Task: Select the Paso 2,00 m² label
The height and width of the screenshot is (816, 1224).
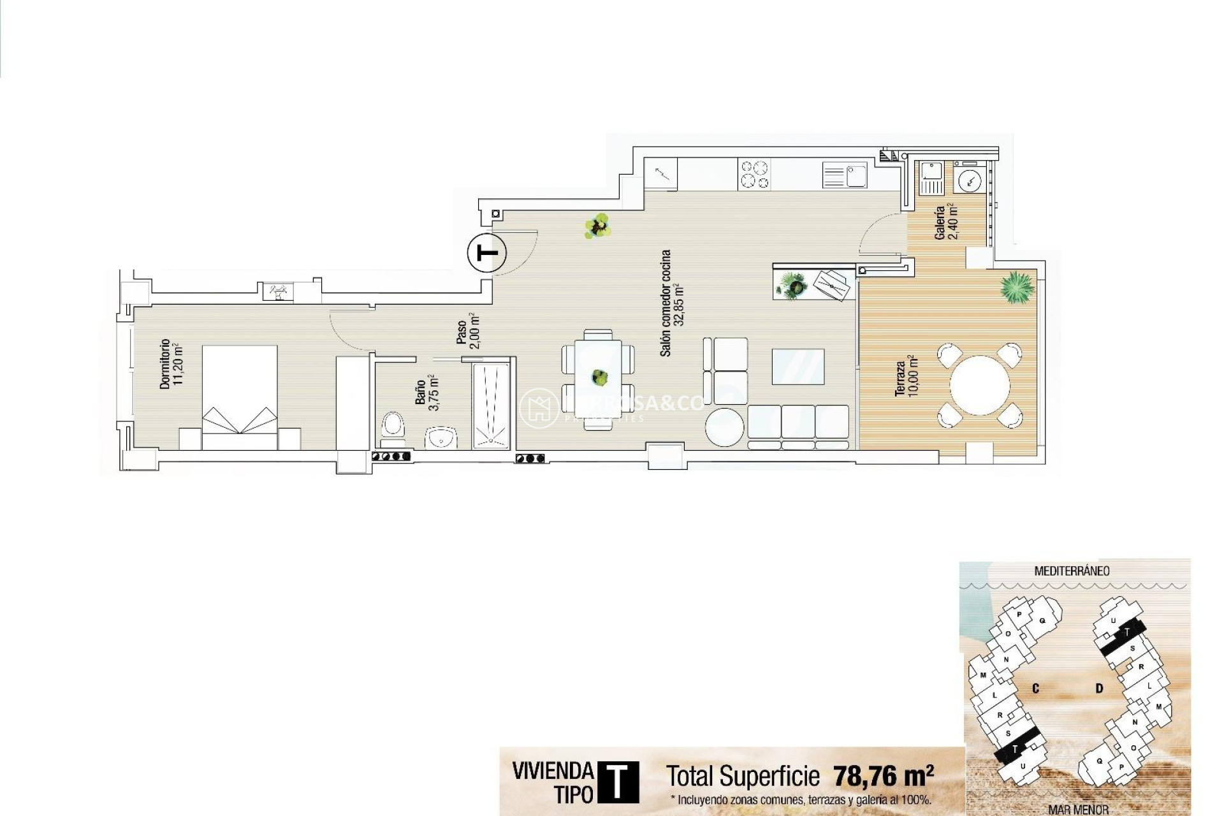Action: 467,331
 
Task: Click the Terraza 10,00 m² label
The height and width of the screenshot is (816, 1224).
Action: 906,379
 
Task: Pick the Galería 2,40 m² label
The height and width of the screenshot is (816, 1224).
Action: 945,222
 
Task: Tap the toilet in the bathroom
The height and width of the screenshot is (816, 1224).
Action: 393,426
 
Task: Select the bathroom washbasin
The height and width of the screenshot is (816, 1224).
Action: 441,438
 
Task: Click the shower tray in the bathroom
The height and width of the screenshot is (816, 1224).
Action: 491,405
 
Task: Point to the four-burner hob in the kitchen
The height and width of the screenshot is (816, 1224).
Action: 754,174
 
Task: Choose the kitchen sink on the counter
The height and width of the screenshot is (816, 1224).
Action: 845,174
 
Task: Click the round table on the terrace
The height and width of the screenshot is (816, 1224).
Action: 979,386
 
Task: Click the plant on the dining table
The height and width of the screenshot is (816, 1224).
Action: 599,377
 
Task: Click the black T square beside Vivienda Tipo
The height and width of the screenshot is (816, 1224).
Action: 616,782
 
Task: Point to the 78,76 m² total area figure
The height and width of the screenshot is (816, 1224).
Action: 883,776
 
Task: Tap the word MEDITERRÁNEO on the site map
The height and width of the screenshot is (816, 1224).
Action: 1072,571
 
